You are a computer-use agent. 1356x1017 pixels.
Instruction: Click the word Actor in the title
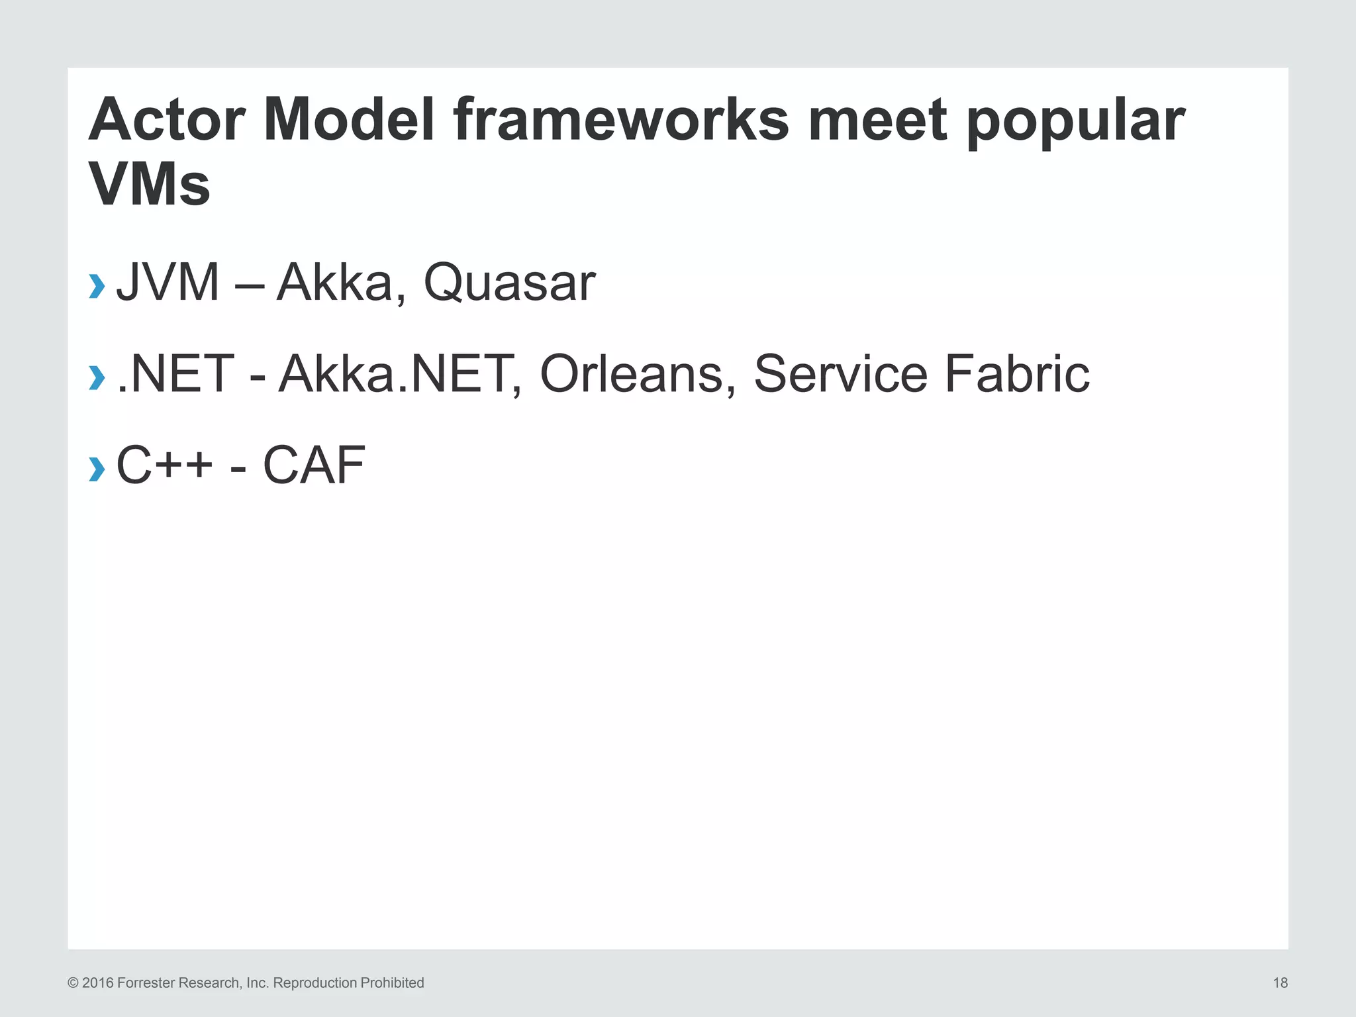click(167, 121)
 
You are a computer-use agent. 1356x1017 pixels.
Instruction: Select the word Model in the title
click(349, 121)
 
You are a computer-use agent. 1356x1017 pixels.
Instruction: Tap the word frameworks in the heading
click(621, 121)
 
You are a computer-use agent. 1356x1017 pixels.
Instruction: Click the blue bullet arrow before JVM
click(97, 286)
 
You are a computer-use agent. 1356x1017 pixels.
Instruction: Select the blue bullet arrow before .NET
click(97, 377)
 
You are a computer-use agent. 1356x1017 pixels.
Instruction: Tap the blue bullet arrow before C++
click(97, 469)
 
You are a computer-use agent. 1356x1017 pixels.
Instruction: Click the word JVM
click(168, 283)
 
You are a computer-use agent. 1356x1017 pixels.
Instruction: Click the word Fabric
click(1016, 374)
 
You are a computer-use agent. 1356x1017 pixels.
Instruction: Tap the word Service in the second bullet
click(841, 374)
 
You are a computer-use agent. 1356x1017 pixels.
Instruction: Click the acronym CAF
click(314, 465)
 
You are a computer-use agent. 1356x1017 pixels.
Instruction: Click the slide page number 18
click(1280, 983)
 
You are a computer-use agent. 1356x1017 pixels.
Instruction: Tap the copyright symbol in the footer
click(73, 983)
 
